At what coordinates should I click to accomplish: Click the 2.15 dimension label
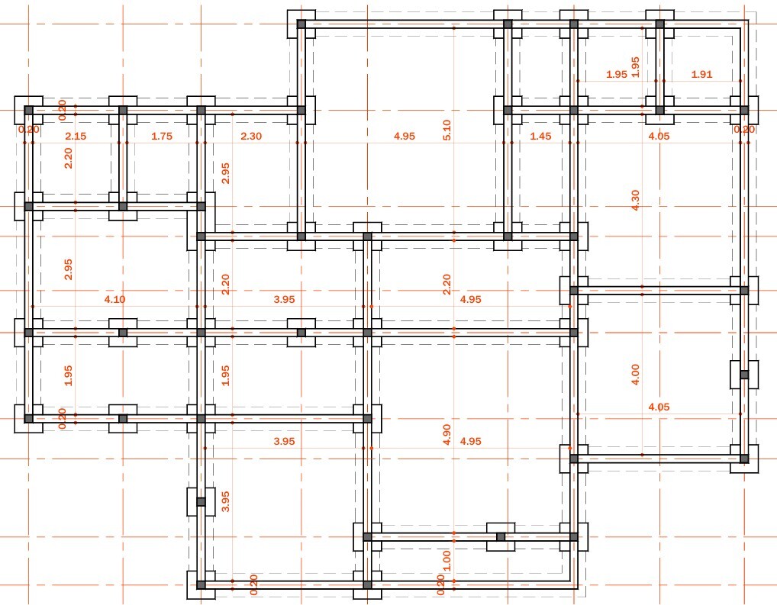click(x=76, y=137)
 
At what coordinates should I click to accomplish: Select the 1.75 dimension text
click(x=162, y=137)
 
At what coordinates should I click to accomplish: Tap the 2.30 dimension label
click(x=251, y=137)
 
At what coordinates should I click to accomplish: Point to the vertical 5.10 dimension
click(x=447, y=130)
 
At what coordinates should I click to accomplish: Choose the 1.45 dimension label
click(x=540, y=137)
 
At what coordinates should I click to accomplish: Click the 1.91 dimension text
click(x=701, y=74)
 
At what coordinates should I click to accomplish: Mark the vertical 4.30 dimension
click(x=635, y=200)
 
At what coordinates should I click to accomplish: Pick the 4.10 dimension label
click(x=115, y=299)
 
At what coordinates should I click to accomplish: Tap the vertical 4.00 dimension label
click(x=635, y=374)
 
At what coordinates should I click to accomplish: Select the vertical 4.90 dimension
click(x=447, y=435)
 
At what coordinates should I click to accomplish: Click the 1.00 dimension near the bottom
click(x=447, y=561)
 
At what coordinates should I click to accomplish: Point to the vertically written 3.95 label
click(x=225, y=501)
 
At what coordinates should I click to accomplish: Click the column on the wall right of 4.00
click(x=744, y=375)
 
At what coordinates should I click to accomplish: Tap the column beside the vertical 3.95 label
click(x=201, y=502)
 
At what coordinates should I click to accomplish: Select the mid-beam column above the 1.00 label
click(x=501, y=536)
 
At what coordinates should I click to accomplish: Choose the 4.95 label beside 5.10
click(x=405, y=137)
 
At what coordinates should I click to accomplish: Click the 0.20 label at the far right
click(x=744, y=130)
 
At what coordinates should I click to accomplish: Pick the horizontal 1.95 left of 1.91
click(x=617, y=74)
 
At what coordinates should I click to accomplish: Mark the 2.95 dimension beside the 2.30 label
click(x=225, y=173)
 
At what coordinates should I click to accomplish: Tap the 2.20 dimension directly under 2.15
click(x=69, y=159)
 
